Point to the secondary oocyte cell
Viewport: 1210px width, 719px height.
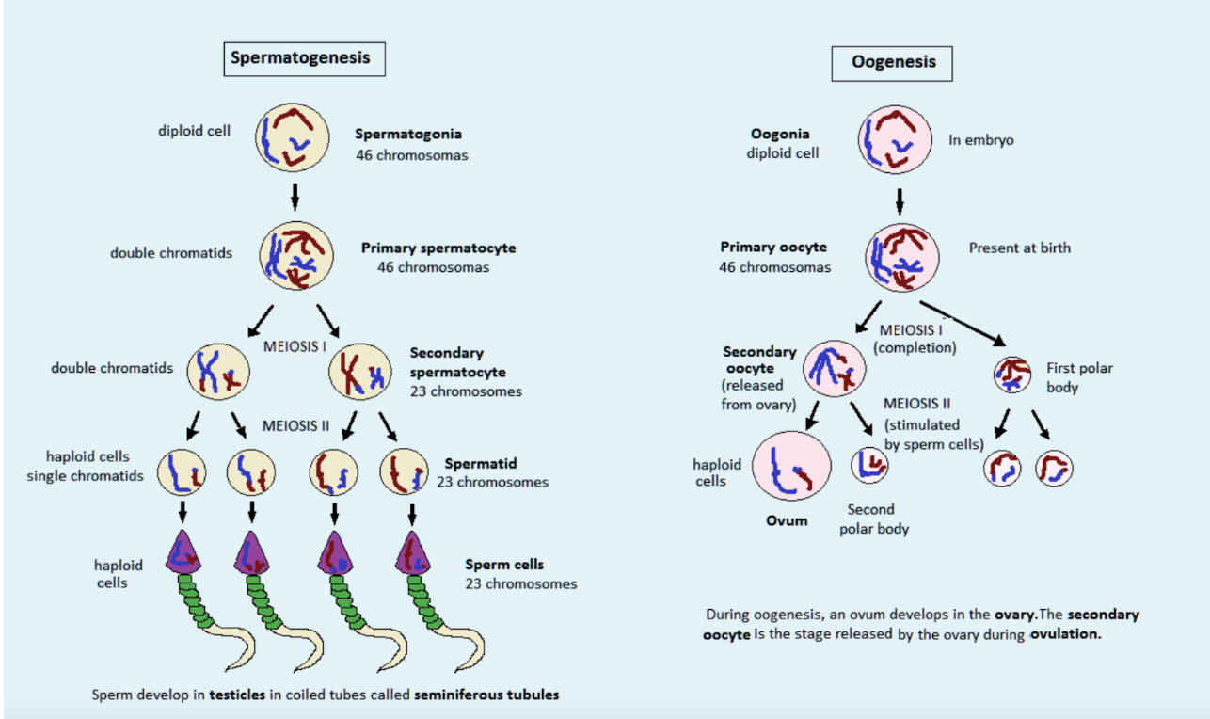(x=834, y=368)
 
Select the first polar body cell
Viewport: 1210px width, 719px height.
(x=1012, y=375)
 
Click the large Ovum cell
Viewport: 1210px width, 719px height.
(x=791, y=466)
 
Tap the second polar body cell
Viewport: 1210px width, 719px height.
(x=869, y=465)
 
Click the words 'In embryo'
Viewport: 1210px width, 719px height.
(x=981, y=140)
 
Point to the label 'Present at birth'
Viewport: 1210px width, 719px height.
(x=1019, y=248)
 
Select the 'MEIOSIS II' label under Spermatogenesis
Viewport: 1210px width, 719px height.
(x=295, y=426)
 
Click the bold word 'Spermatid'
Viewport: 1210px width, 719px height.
(x=480, y=463)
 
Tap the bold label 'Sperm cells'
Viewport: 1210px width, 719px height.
(x=504, y=565)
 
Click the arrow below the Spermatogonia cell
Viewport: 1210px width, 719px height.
(x=295, y=197)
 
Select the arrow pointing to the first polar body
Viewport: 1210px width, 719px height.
(x=963, y=324)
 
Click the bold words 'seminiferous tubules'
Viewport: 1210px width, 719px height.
(x=486, y=695)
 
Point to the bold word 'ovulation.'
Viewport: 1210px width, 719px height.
(x=1065, y=633)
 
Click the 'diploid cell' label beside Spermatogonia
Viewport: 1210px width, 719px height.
(x=194, y=131)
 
